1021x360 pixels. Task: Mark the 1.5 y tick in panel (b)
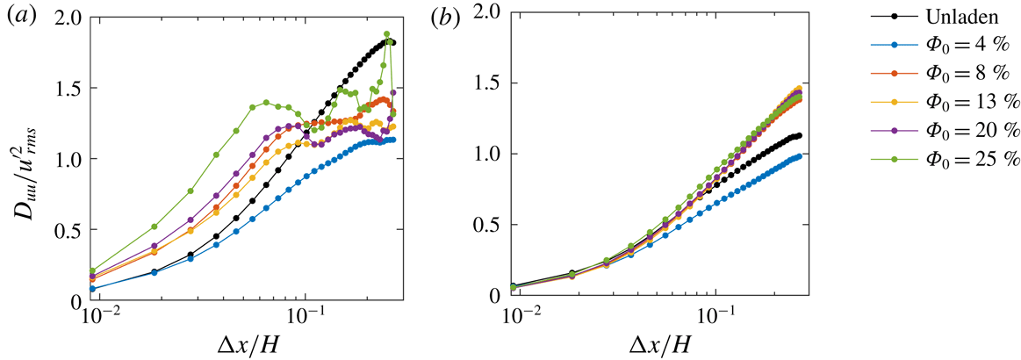click(x=485, y=83)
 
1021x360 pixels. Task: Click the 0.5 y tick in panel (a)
click(x=74, y=230)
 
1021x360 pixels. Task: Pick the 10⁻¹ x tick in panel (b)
click(x=715, y=315)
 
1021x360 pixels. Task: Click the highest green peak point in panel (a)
click(x=386, y=34)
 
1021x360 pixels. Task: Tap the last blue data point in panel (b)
click(x=799, y=156)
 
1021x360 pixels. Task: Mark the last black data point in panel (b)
click(x=799, y=135)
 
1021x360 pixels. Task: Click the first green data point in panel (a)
click(x=92, y=270)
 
